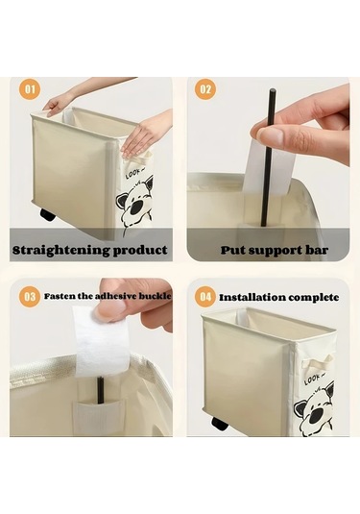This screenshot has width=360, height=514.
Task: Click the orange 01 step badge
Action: pyautogui.click(x=30, y=88)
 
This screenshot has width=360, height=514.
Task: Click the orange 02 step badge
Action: pyautogui.click(x=205, y=88)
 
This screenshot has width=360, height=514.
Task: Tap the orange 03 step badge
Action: pyautogui.click(x=30, y=296)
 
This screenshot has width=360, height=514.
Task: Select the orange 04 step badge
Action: pyautogui.click(x=205, y=297)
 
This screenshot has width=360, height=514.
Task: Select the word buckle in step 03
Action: pyautogui.click(x=155, y=296)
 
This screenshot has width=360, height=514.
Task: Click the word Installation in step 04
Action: pyautogui.click(x=251, y=298)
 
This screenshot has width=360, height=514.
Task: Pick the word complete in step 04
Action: pyautogui.click(x=312, y=298)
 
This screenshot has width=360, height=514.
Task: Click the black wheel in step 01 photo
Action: pyautogui.click(x=47, y=214)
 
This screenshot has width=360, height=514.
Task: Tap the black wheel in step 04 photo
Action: pyautogui.click(x=219, y=424)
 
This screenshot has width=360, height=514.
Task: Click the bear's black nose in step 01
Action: pyautogui.click(x=137, y=208)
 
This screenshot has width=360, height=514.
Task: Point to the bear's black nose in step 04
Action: pyautogui.click(x=316, y=415)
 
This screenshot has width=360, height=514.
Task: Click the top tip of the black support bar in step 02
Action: pyautogui.click(x=272, y=89)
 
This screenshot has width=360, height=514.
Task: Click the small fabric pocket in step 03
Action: pyautogui.click(x=98, y=416)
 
